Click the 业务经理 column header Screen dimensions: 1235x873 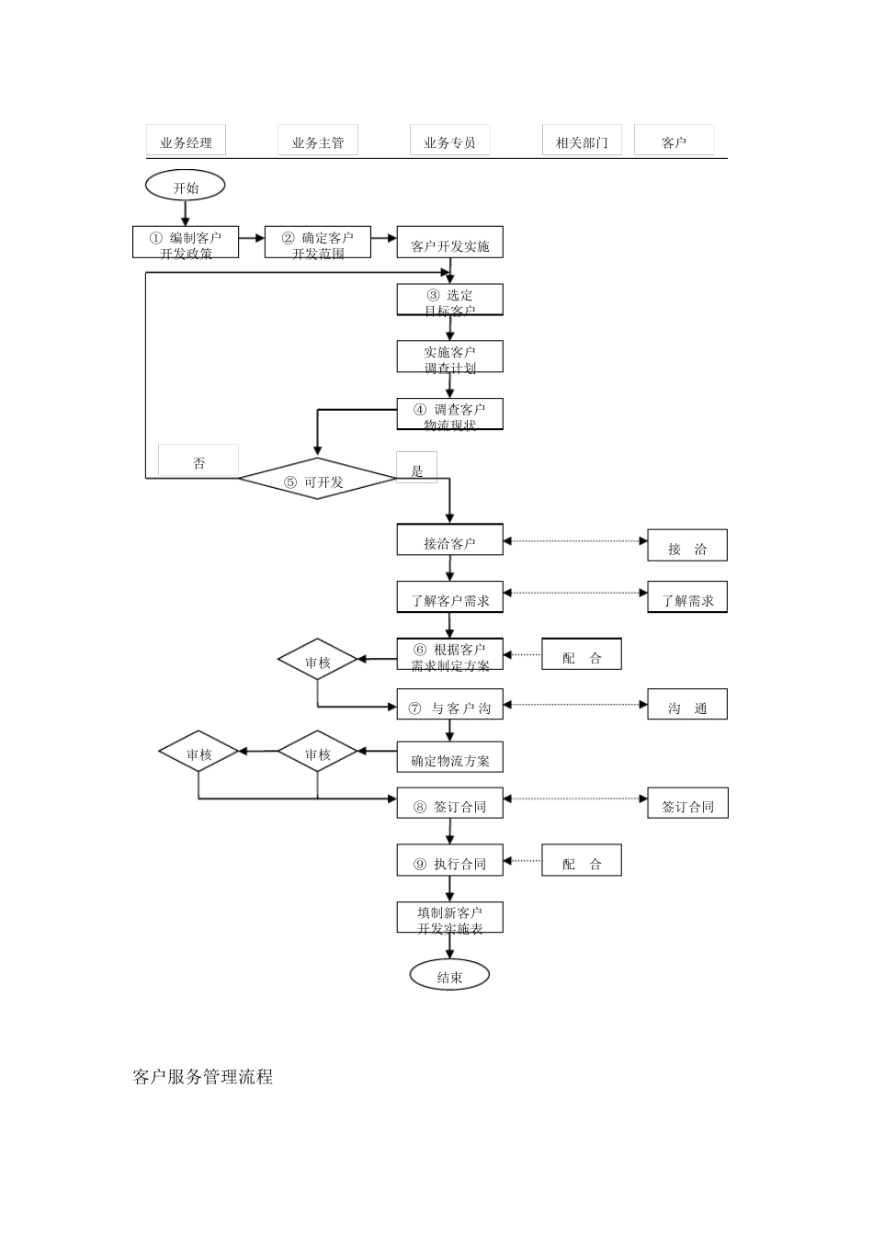coord(186,141)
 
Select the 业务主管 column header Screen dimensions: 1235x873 coord(318,141)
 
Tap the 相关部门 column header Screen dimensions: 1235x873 coord(582,141)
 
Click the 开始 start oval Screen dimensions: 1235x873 coord(185,187)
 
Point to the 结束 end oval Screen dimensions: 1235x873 coord(449,976)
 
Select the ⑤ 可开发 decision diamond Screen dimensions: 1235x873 coord(317,480)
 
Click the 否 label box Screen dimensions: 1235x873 coord(198,461)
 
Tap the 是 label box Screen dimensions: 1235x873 coord(417,469)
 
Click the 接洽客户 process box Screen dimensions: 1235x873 coord(449,540)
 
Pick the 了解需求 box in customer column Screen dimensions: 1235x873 coord(687,597)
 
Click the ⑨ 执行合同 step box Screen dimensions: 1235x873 coord(449,861)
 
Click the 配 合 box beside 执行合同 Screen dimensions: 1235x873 coord(582,861)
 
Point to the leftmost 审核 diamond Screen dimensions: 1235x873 coord(198,753)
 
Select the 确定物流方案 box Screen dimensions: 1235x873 coord(449,757)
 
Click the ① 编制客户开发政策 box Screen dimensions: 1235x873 coord(186,244)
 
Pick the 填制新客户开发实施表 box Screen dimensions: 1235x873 coord(449,918)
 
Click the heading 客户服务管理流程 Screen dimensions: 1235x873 coord(203,1077)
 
